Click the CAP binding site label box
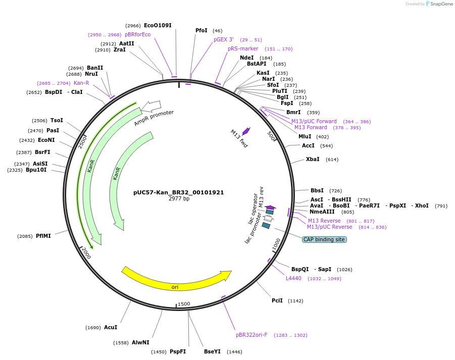point(324,239)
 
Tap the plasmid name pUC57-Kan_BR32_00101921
point(179,192)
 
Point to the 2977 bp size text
point(179,199)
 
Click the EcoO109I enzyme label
point(158,25)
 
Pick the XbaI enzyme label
point(313,159)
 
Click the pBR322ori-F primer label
point(251,335)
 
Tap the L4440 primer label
point(293,278)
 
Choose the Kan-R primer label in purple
point(81,83)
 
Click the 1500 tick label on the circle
point(183,304)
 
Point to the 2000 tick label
point(86,253)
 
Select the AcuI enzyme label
point(111,327)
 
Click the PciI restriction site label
point(277,300)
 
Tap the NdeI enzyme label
point(247,58)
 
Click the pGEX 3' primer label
point(223,39)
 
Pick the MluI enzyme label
point(305,136)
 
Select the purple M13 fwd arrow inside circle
point(246,131)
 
